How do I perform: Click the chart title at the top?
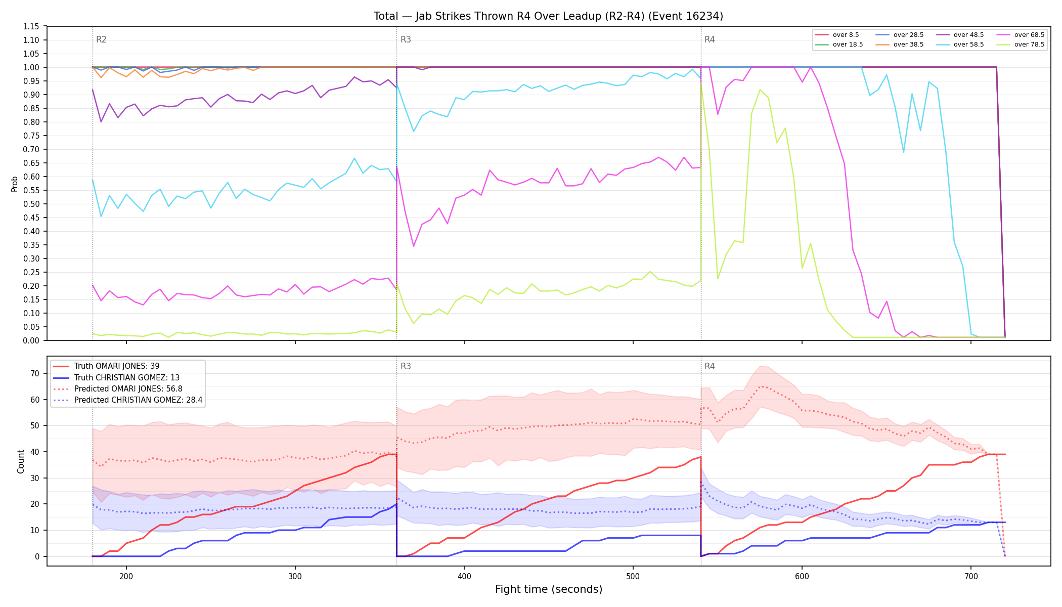tap(548, 16)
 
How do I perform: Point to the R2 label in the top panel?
tap(101, 39)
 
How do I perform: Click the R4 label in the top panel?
tap(710, 39)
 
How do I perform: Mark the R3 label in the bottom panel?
tap(406, 366)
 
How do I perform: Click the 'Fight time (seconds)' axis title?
tap(549, 589)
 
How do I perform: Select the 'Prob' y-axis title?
tap(14, 184)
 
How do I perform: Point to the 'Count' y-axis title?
tap(21, 461)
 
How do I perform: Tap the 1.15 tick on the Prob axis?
tap(31, 26)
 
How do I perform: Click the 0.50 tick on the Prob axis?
tap(31, 204)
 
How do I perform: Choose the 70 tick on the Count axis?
tap(35, 374)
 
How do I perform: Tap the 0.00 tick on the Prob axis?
tap(31, 340)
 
